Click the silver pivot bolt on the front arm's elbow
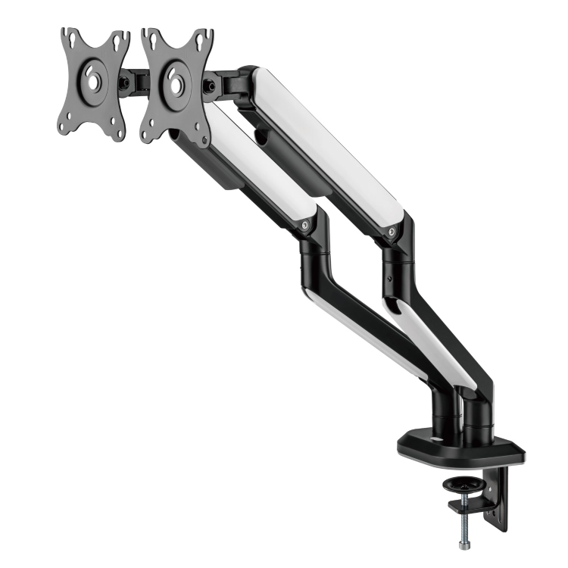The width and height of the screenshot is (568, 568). (x=304, y=225)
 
